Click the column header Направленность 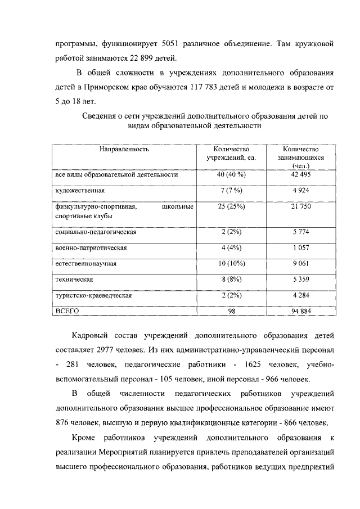point(124,150)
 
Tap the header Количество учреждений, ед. point(231,154)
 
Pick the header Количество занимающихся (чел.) point(301,157)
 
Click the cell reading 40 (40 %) point(231,175)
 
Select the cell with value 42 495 point(301,175)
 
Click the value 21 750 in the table point(301,207)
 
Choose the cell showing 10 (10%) point(231,263)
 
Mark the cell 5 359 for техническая point(301,279)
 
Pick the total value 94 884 point(301,310)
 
